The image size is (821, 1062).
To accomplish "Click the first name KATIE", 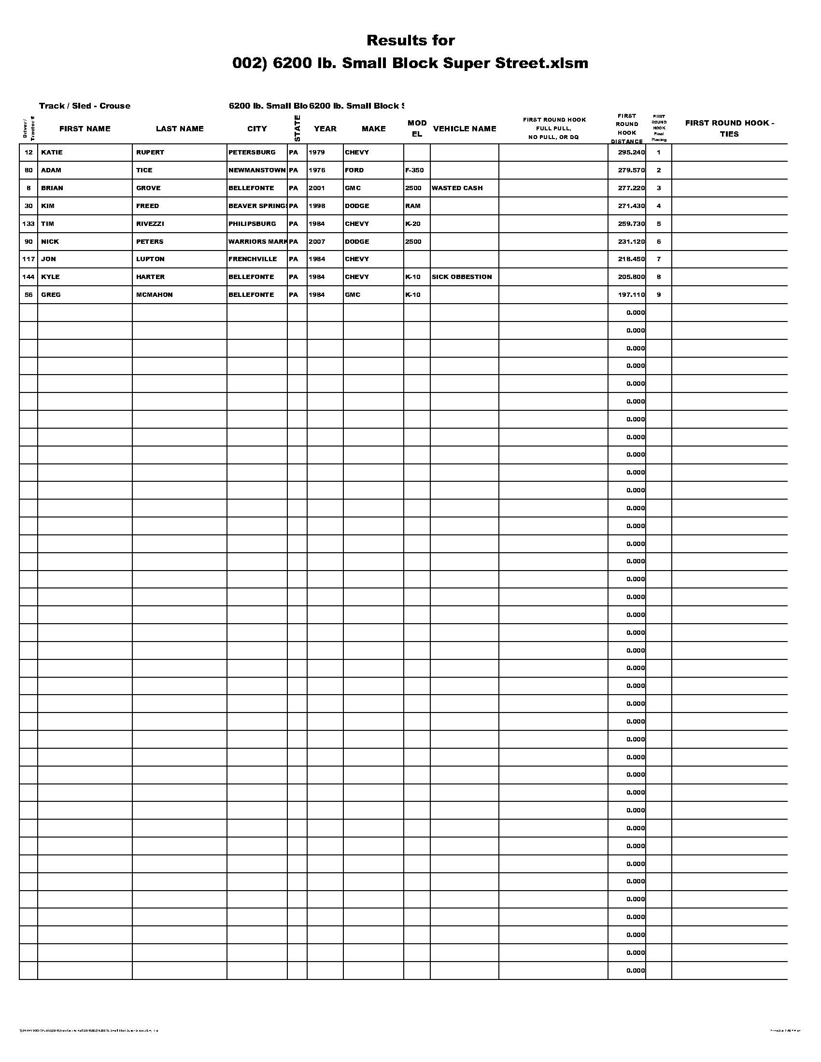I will coord(52,152).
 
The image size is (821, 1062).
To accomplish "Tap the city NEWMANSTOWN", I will coord(257,170).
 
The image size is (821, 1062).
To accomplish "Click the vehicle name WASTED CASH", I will coord(457,188).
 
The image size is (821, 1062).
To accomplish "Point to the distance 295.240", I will coord(631,152).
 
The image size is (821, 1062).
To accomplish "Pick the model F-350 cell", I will coord(414,170).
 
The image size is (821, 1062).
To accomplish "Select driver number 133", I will coord(28,224).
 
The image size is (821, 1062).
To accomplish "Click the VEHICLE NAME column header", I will coord(464,128).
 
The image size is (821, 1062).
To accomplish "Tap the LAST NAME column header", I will coord(180,128).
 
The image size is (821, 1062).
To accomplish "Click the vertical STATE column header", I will coord(297,128).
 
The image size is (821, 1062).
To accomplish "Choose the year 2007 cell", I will coord(317,242).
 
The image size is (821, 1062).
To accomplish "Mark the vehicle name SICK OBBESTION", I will coord(461,277).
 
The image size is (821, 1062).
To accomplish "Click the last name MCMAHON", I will coord(154,294).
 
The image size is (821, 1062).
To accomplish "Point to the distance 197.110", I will coord(631,294).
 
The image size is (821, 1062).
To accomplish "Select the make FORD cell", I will coord(354,170).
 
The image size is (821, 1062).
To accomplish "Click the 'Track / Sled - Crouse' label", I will coord(85,106).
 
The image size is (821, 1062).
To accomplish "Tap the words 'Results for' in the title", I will coord(410,41).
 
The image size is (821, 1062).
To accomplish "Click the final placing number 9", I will coord(659,294).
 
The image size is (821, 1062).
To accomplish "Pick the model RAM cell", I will coord(412,206).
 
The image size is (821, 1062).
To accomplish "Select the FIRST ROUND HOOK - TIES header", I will coord(729,128).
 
